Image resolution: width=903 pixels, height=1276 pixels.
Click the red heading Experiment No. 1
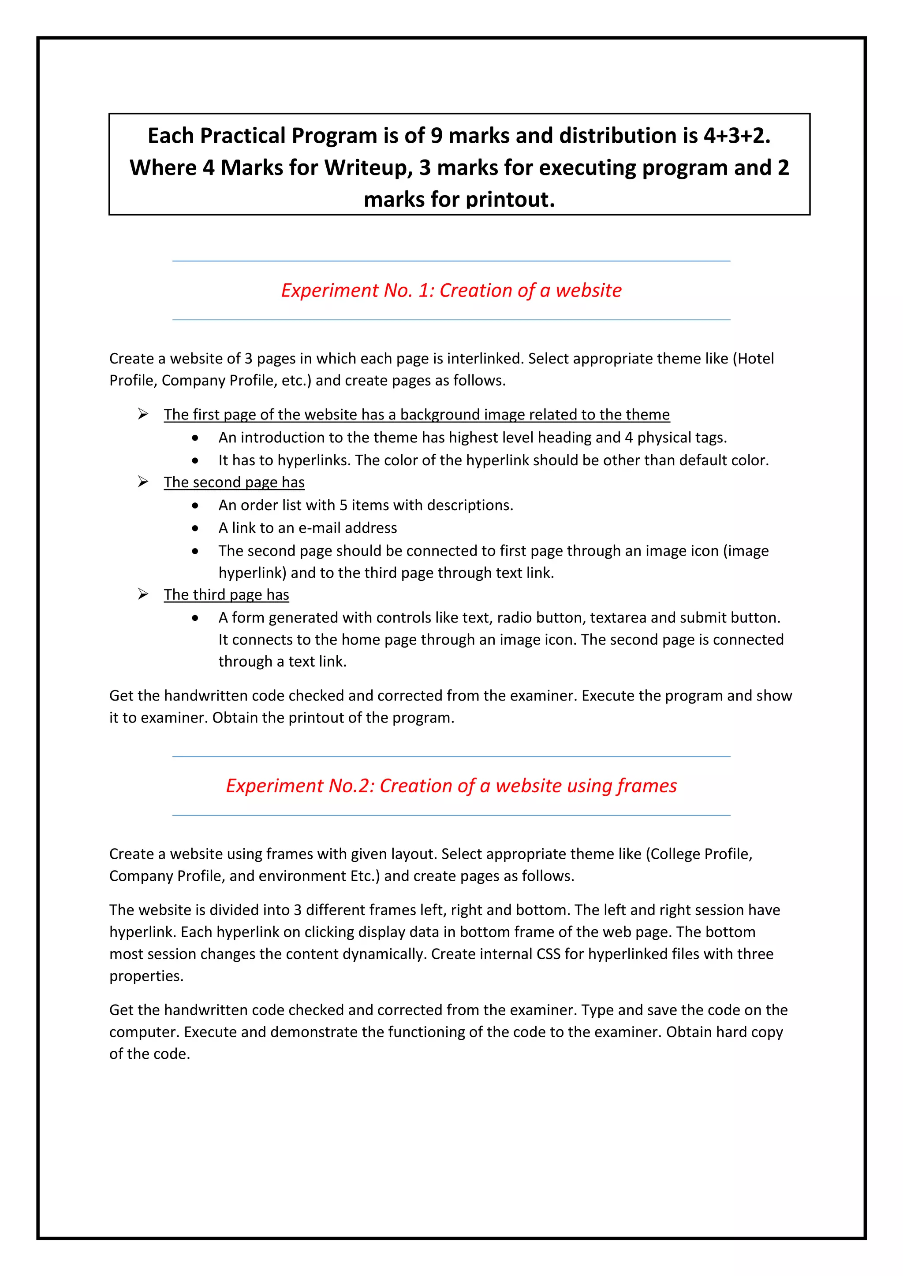[451, 290]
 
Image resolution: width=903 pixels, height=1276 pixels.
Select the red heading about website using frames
[451, 786]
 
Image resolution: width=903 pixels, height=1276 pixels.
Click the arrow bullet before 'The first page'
[143, 414]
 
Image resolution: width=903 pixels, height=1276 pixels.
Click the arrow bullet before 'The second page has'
[143, 482]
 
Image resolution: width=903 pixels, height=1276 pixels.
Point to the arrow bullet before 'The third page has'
[143, 594]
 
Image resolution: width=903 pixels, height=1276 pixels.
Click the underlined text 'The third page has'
[226, 595]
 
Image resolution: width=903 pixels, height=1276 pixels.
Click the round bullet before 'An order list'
[194, 506]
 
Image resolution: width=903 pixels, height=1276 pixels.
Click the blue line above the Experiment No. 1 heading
[451, 261]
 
